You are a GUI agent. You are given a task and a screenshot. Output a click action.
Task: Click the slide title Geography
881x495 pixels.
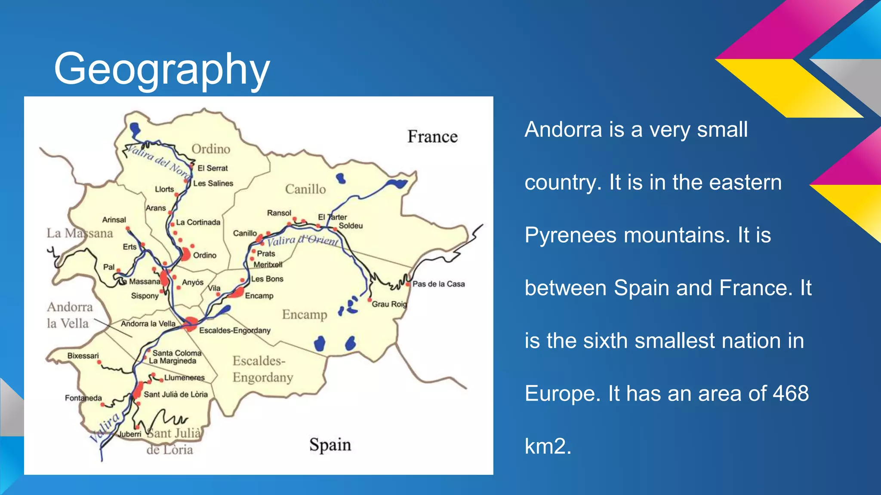tap(162, 69)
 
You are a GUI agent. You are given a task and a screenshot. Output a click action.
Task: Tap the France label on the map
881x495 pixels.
tap(432, 137)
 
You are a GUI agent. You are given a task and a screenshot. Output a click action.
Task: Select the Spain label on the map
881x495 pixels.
tap(330, 445)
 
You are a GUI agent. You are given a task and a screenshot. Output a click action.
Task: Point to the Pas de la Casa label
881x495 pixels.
tap(438, 284)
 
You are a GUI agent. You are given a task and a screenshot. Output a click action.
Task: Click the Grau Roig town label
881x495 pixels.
tap(389, 304)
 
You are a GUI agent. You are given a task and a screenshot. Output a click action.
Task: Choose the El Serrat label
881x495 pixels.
tap(213, 168)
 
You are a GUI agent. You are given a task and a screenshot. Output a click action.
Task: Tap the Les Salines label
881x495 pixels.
tap(213, 183)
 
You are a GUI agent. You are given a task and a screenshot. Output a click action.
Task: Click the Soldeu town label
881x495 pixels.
tap(351, 226)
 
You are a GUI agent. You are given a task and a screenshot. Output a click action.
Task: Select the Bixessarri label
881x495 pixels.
tap(83, 356)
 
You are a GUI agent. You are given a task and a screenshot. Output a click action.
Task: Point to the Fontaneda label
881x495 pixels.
tap(83, 398)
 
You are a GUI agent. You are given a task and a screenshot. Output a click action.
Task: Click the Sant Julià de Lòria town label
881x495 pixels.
tap(176, 394)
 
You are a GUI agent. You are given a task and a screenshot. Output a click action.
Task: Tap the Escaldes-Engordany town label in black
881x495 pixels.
tap(235, 330)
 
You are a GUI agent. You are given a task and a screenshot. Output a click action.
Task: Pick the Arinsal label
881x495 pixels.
tap(114, 220)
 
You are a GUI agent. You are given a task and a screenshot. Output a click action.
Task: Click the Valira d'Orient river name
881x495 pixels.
tap(303, 241)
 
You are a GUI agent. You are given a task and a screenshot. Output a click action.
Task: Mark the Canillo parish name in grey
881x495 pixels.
tap(305, 189)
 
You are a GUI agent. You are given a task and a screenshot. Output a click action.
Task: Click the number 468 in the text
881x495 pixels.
tap(791, 394)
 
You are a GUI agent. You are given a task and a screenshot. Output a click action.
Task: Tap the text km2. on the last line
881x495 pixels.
tap(548, 446)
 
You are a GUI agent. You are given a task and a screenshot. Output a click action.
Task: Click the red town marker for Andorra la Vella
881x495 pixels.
tap(190, 324)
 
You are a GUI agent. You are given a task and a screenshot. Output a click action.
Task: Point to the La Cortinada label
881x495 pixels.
tap(198, 223)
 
